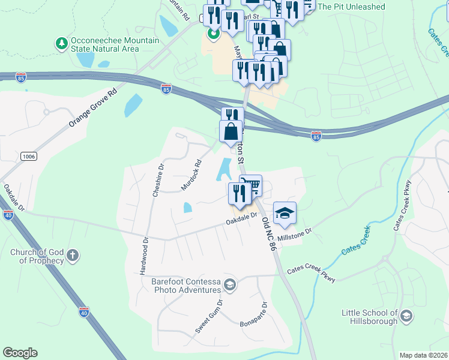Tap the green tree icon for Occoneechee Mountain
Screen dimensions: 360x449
click(61, 43)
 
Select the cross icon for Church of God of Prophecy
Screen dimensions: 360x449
click(73, 256)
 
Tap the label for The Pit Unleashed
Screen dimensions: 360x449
click(351, 7)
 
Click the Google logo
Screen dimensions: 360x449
click(20, 353)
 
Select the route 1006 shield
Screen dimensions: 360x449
click(28, 156)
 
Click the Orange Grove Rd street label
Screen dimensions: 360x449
click(92, 109)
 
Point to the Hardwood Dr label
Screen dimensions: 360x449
click(145, 256)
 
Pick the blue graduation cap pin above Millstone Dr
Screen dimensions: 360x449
click(285, 212)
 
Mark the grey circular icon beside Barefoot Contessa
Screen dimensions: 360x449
click(229, 284)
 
